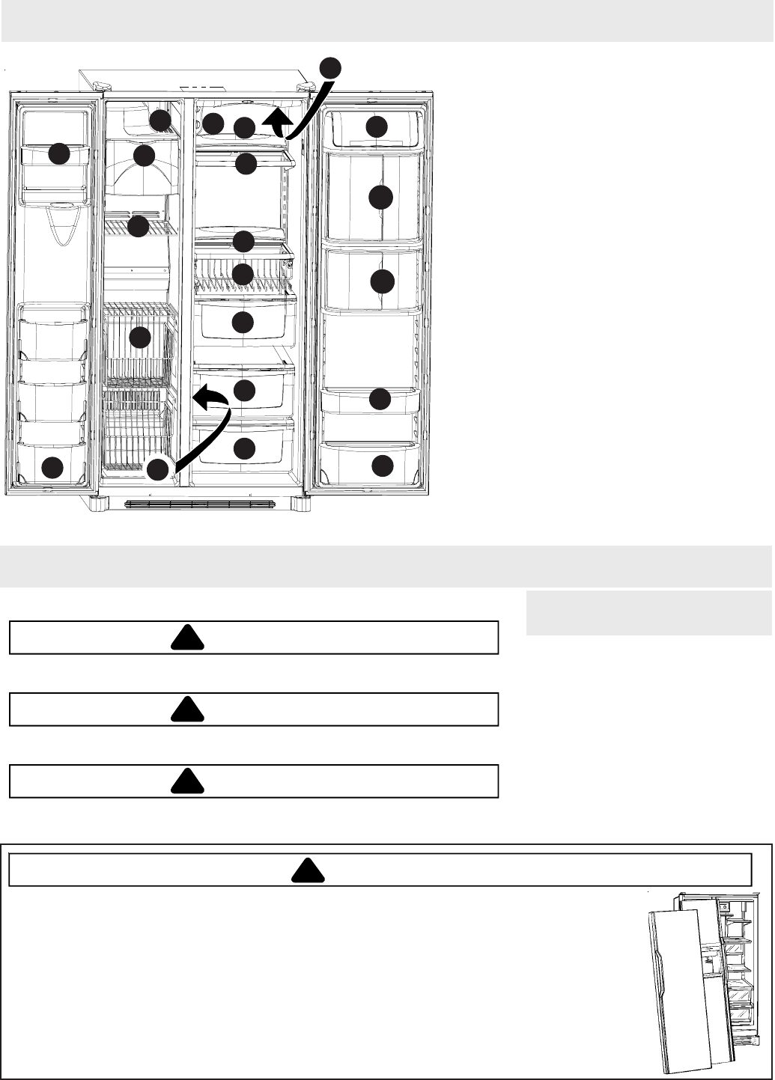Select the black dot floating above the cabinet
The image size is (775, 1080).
[x=331, y=67]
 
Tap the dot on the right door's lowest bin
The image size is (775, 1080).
[x=382, y=466]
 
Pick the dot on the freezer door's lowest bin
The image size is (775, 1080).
[x=52, y=469]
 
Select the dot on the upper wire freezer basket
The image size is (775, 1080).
[x=140, y=338]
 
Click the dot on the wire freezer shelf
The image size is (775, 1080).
[x=138, y=226]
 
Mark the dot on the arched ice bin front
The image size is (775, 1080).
[x=144, y=156]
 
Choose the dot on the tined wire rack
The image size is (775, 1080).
[x=243, y=274]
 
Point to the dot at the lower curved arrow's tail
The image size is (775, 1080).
[x=157, y=470]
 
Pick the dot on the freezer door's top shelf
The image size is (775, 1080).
[x=59, y=154]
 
